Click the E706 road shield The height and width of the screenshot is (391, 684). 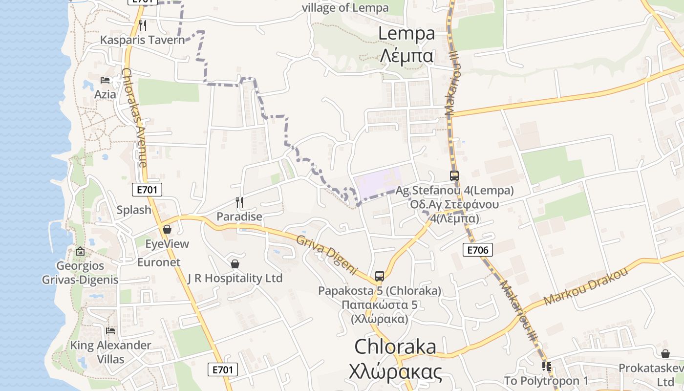(x=477, y=250)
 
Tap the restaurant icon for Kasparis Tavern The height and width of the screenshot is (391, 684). (x=143, y=25)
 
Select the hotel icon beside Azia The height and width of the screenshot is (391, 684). (x=105, y=80)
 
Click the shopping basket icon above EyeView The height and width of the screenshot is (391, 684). (x=167, y=229)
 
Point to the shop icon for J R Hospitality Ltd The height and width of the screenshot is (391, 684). (x=235, y=264)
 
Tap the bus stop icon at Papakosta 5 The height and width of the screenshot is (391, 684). (x=380, y=276)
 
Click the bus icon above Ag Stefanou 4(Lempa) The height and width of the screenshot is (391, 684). (x=454, y=175)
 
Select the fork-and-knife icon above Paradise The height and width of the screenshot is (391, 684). (x=239, y=202)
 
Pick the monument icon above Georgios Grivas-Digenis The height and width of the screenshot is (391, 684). (x=80, y=251)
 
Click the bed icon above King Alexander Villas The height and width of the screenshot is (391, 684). (x=110, y=330)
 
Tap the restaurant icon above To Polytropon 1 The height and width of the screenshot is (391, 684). (x=546, y=366)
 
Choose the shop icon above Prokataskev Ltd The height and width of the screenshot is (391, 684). (x=665, y=353)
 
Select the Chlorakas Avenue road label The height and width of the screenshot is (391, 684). (x=134, y=117)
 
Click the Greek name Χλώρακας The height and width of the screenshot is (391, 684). (x=396, y=372)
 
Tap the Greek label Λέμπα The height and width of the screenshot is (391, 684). (x=406, y=56)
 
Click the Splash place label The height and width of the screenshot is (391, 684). (x=134, y=210)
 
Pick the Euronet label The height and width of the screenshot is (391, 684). (x=159, y=262)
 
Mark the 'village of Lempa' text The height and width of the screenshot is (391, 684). (x=345, y=8)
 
